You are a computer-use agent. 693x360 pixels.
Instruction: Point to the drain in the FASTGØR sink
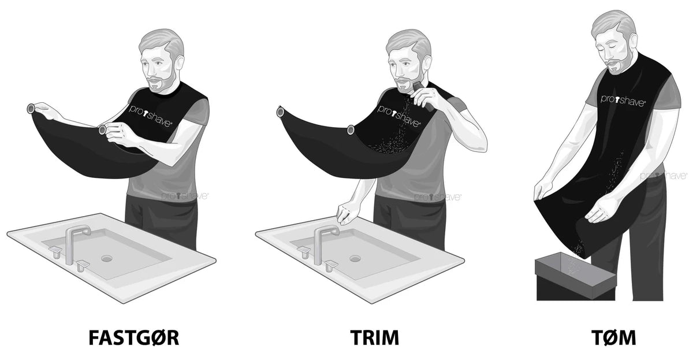(106, 258)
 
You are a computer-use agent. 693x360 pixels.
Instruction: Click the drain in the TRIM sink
(355, 258)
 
